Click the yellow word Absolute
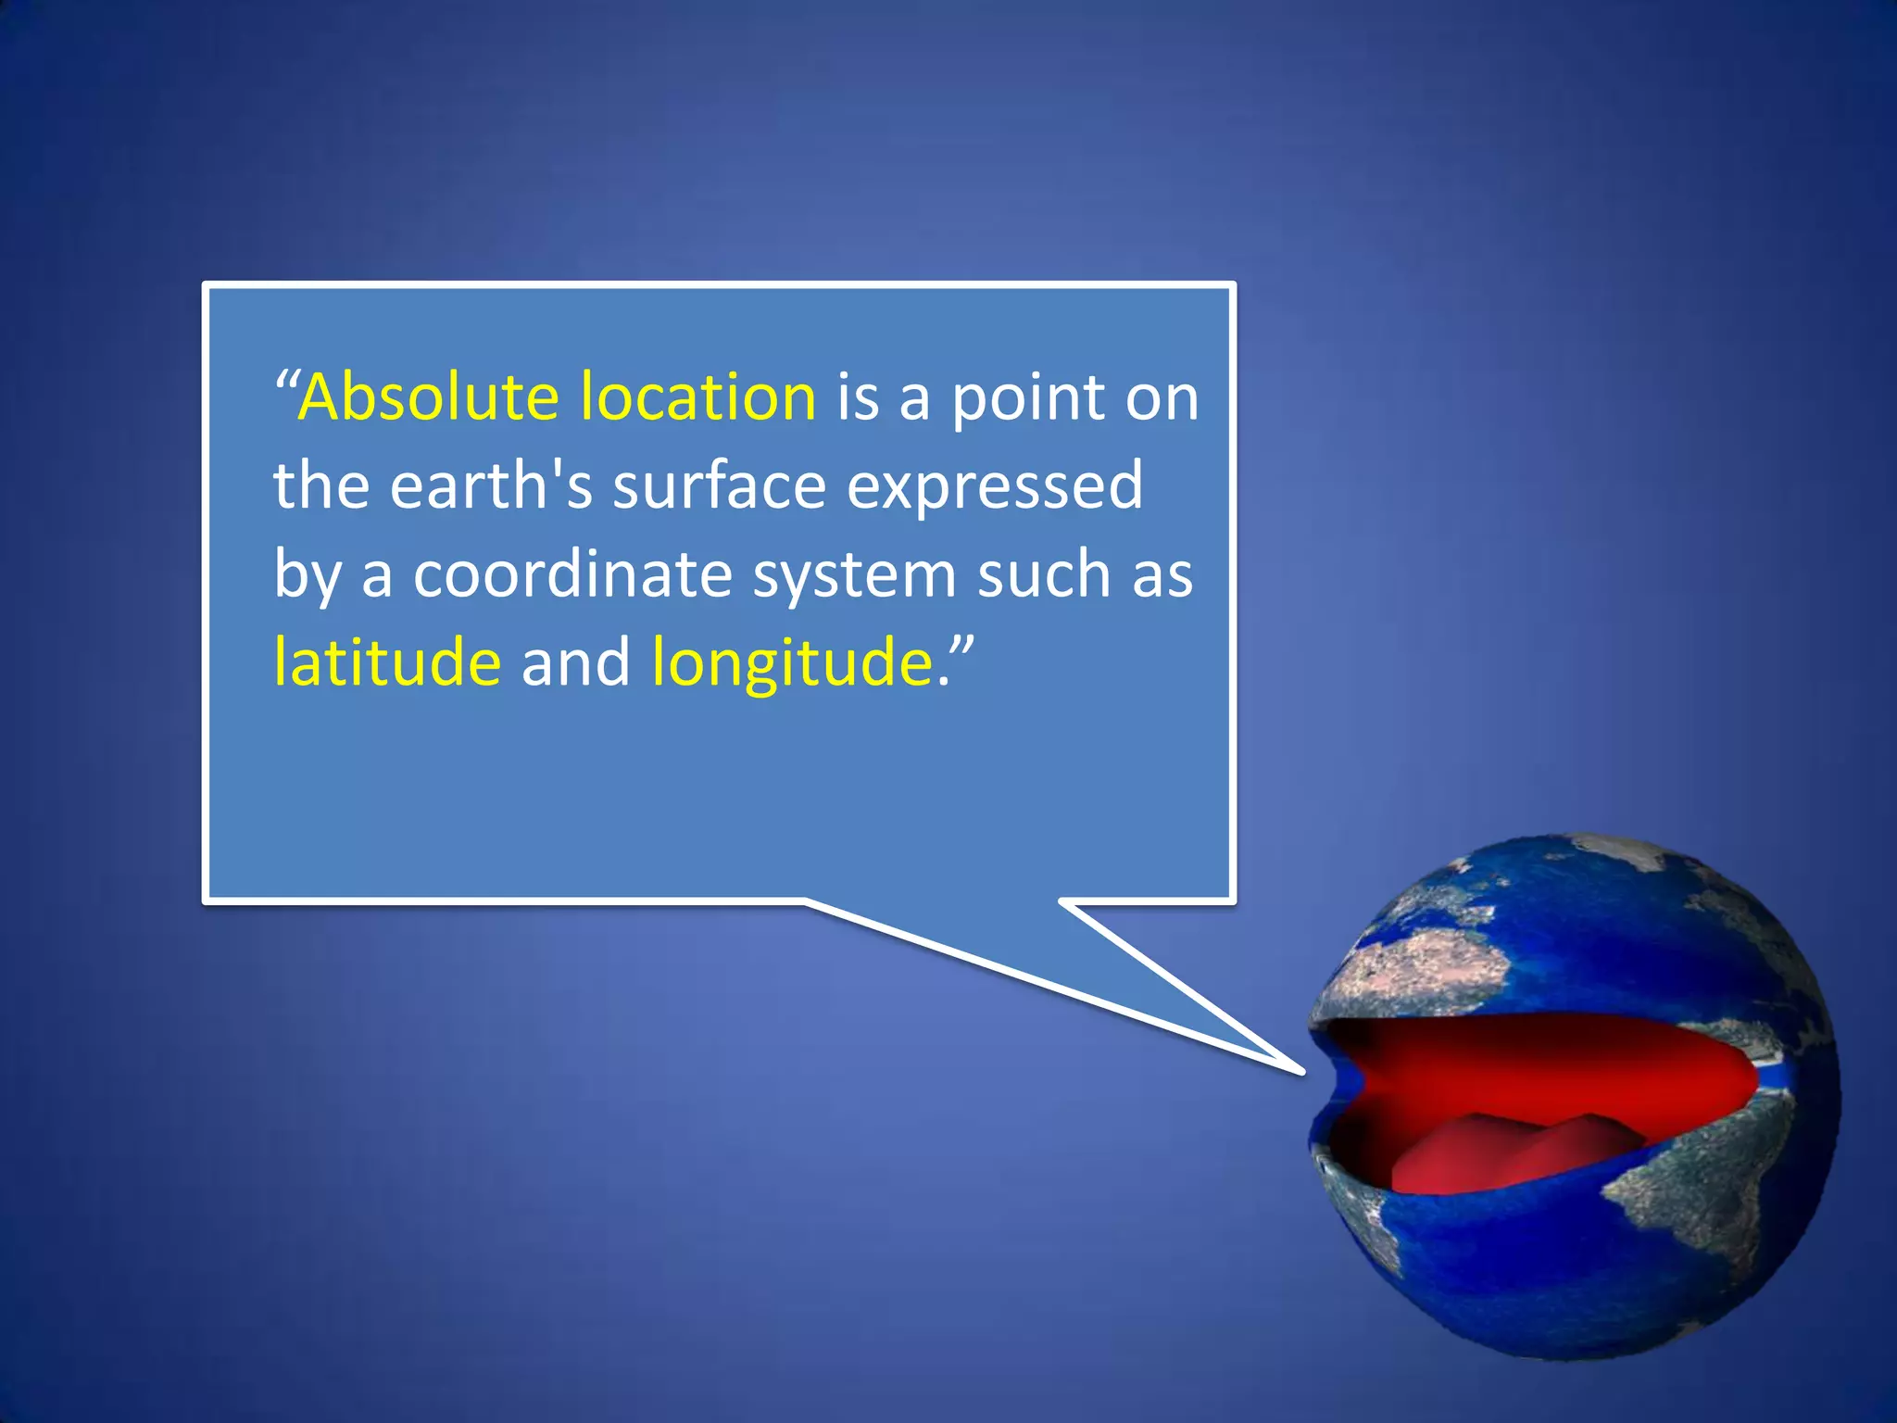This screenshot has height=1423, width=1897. (429, 397)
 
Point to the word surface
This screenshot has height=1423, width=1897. (719, 485)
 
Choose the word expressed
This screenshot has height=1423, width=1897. (995, 487)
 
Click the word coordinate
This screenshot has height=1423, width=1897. (572, 574)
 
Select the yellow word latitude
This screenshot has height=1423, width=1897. (387, 661)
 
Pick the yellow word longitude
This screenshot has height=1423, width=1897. (793, 663)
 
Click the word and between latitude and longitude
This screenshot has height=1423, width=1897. (575, 661)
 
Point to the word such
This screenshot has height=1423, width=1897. (1044, 574)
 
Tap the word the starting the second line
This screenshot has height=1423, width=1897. (320, 485)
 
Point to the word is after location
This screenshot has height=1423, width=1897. (858, 397)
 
